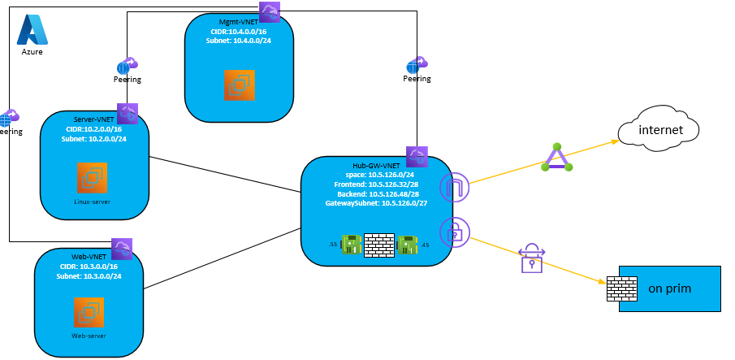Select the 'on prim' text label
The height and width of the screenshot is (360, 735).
click(x=670, y=288)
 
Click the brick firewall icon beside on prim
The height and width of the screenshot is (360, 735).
click(x=621, y=289)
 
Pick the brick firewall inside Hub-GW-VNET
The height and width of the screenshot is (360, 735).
click(x=378, y=245)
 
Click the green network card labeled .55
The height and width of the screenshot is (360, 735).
click(x=351, y=244)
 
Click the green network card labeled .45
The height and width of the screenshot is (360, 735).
click(x=407, y=244)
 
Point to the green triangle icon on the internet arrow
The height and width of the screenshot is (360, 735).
click(x=557, y=158)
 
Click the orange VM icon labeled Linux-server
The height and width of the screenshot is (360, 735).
click(x=93, y=178)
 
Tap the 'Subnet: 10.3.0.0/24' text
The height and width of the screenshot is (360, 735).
click(x=89, y=276)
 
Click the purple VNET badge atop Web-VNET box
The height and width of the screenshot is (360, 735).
click(x=122, y=248)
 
